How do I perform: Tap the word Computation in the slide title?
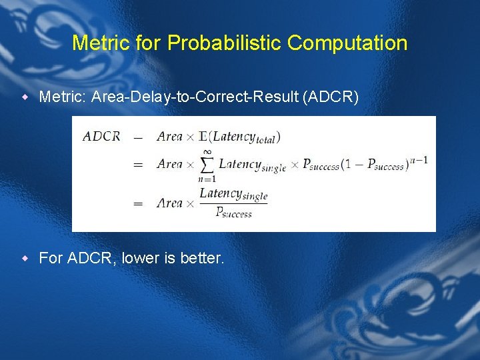pos(347,43)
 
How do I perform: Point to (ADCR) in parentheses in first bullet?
pos(330,98)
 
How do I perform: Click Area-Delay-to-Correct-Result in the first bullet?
pos(195,98)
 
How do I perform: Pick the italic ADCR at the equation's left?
pos(101,136)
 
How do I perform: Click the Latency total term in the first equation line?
pos(245,137)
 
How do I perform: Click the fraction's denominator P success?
pos(233,212)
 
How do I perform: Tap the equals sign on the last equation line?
pos(138,203)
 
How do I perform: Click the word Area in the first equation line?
pos(169,136)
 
